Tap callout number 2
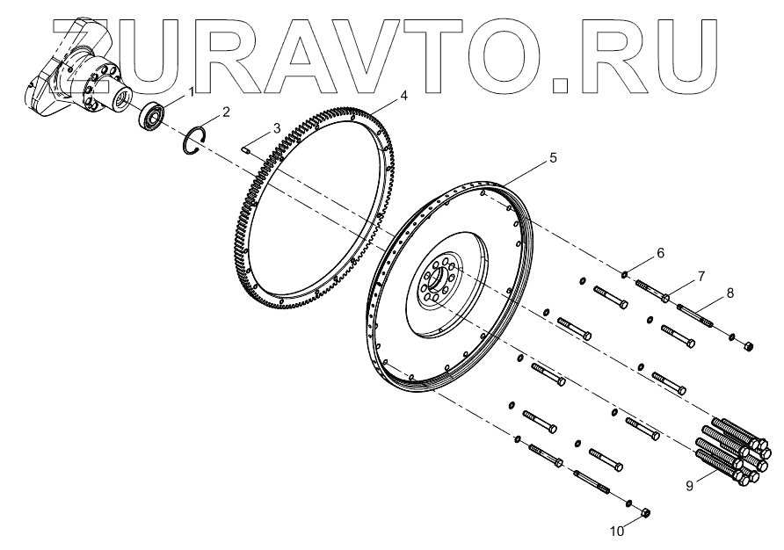click(x=226, y=112)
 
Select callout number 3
click(x=277, y=128)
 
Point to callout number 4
click(x=403, y=96)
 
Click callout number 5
click(x=552, y=158)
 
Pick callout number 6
click(x=660, y=253)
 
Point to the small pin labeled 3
click(x=247, y=148)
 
